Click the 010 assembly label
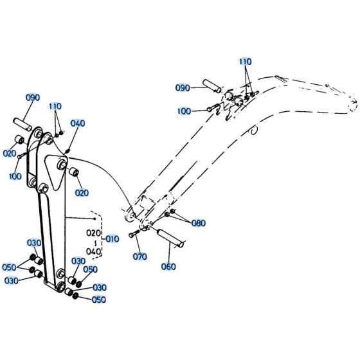[x=112, y=239]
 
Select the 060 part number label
[x=168, y=266]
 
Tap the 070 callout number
[x=140, y=256]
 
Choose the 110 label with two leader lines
[x=55, y=106]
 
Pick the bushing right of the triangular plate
[x=74, y=173]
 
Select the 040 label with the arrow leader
[x=77, y=123]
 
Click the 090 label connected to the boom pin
[x=183, y=87]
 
